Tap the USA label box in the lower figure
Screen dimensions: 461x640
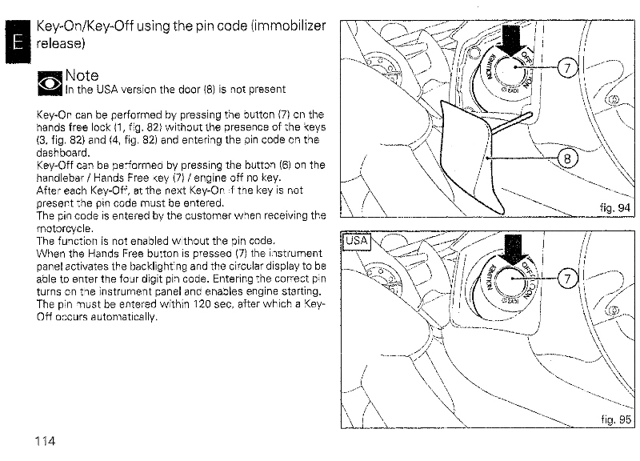354,240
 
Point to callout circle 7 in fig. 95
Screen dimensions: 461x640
566,279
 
